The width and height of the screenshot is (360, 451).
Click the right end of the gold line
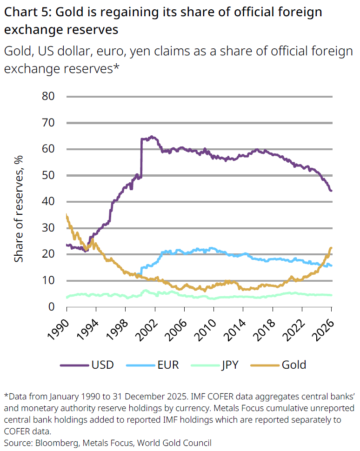[331, 248]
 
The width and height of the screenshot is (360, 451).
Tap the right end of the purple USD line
[331, 191]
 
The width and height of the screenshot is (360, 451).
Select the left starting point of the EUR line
[141, 274]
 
